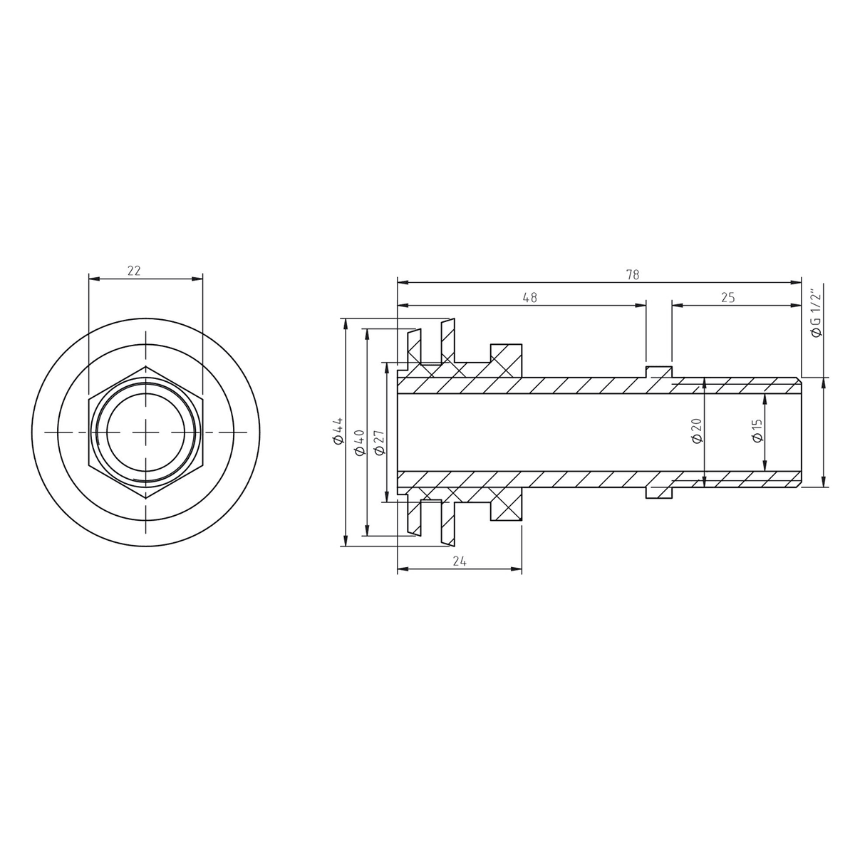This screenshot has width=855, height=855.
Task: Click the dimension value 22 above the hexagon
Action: tap(133, 271)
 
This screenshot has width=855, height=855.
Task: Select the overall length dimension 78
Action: tap(633, 274)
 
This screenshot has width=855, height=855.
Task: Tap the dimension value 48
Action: tap(530, 297)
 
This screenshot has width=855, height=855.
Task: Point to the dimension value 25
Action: tap(727, 297)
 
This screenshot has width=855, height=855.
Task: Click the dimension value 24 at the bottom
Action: tap(460, 561)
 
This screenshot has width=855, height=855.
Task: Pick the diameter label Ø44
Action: tap(338, 430)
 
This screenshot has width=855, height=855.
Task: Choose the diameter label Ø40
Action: tap(358, 442)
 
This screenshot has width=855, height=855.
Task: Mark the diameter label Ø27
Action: tap(379, 442)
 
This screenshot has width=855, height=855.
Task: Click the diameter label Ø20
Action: tap(696, 430)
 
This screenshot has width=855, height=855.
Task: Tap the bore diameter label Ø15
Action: tap(757, 430)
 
